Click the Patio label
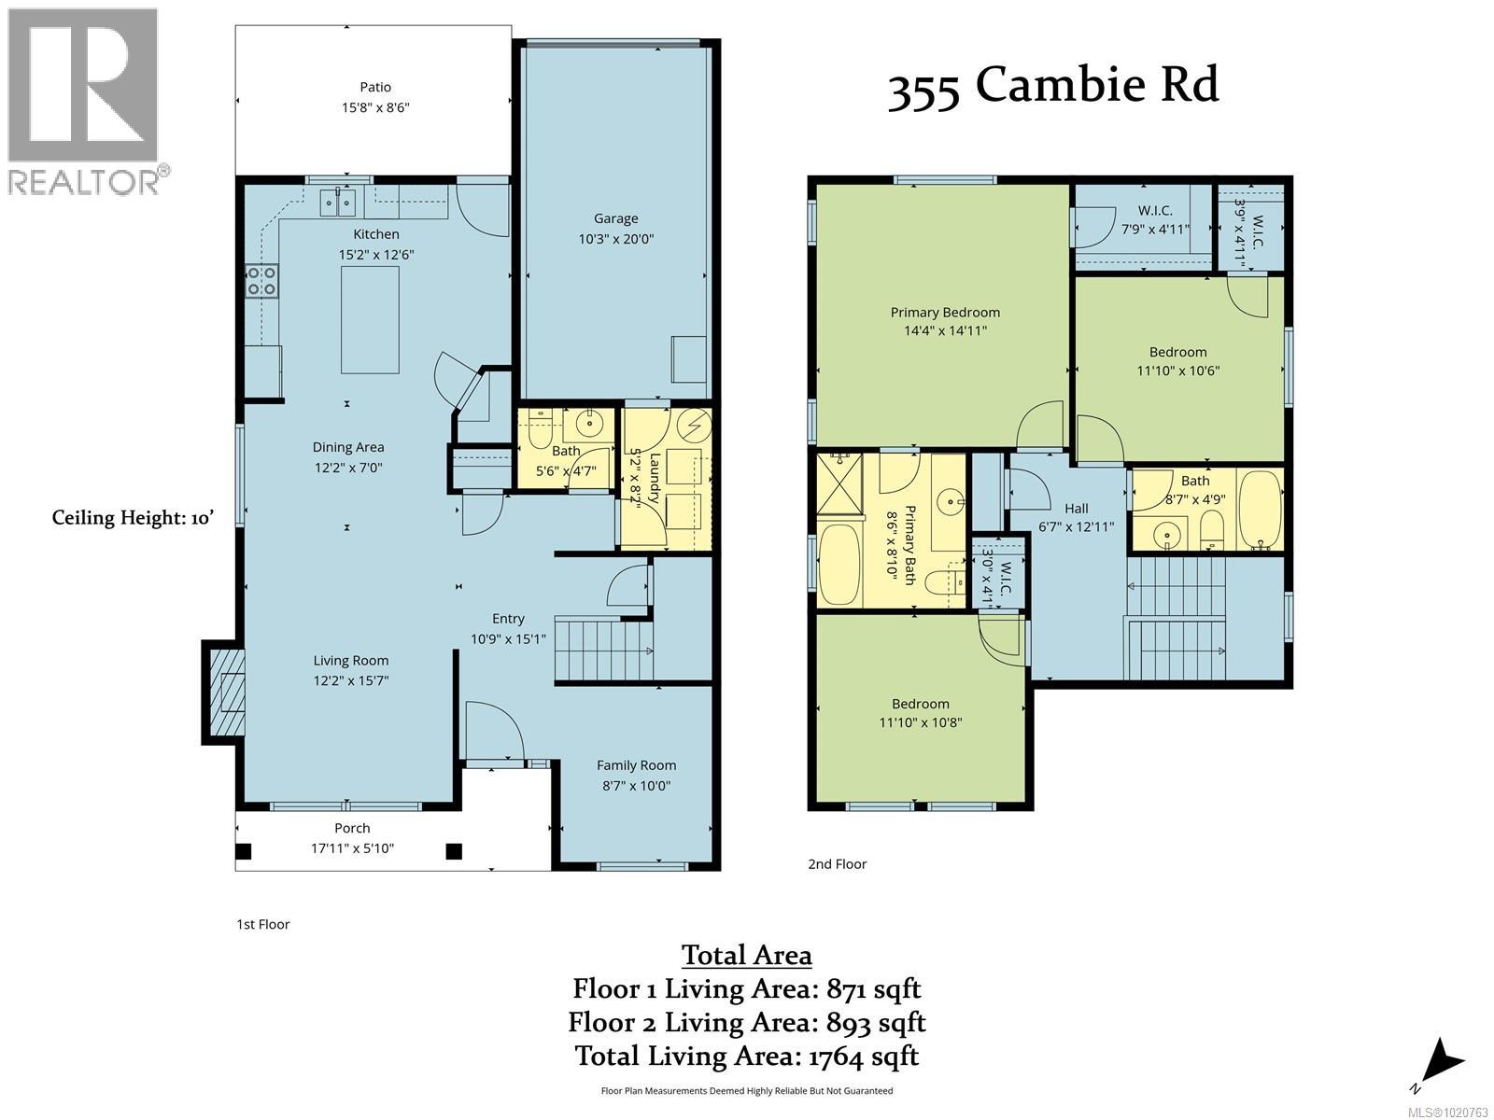(x=375, y=88)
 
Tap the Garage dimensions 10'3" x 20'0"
(x=615, y=239)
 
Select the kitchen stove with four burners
(x=261, y=281)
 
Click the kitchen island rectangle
(x=370, y=320)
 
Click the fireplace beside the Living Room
(x=225, y=693)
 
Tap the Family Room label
(x=636, y=765)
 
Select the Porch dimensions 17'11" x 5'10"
(x=352, y=848)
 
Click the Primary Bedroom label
(x=944, y=313)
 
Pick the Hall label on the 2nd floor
(x=1076, y=509)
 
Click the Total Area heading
(x=746, y=955)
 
